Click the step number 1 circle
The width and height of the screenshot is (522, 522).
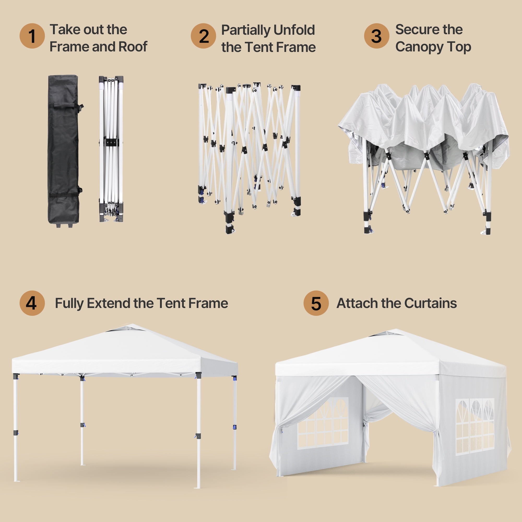click(x=32, y=36)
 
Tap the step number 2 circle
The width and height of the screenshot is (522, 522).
click(x=204, y=36)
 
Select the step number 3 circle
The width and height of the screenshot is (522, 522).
click(x=377, y=36)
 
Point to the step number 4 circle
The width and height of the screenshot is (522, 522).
click(x=32, y=303)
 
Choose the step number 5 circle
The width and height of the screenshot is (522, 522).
click(x=316, y=303)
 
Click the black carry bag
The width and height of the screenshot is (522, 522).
click(x=64, y=151)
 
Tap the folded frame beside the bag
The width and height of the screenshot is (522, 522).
click(x=111, y=149)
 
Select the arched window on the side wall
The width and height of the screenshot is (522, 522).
click(x=475, y=427)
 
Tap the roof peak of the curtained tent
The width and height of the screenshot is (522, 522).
click(x=397, y=330)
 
